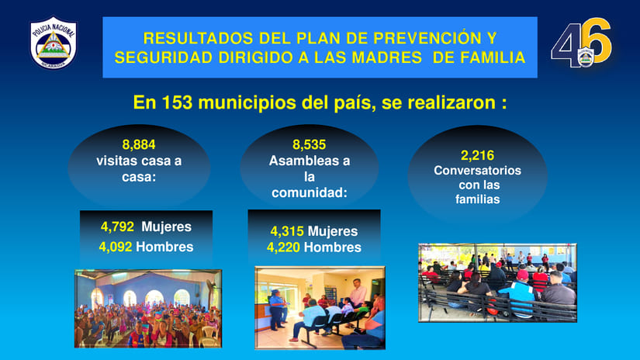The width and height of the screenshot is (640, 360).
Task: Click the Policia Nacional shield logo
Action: (53, 43)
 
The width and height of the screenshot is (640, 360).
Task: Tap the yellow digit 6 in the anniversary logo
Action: (596, 40)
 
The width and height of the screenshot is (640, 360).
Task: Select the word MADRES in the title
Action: (386, 57)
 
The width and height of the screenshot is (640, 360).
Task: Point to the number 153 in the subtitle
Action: (177, 102)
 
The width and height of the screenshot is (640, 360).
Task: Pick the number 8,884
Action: (139, 144)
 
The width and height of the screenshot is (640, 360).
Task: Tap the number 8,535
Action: (309, 144)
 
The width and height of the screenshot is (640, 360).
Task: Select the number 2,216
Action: (477, 155)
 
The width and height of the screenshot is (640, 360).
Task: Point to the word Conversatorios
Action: (477, 170)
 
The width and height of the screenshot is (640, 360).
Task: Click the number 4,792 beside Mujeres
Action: (117, 227)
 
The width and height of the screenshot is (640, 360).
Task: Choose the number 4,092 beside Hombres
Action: (116, 247)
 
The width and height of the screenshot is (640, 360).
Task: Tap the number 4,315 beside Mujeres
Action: (287, 231)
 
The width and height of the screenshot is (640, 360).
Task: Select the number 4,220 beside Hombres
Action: (283, 247)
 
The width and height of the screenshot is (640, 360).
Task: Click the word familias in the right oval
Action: (478, 199)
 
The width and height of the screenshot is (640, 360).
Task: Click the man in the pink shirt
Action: (358, 292)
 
